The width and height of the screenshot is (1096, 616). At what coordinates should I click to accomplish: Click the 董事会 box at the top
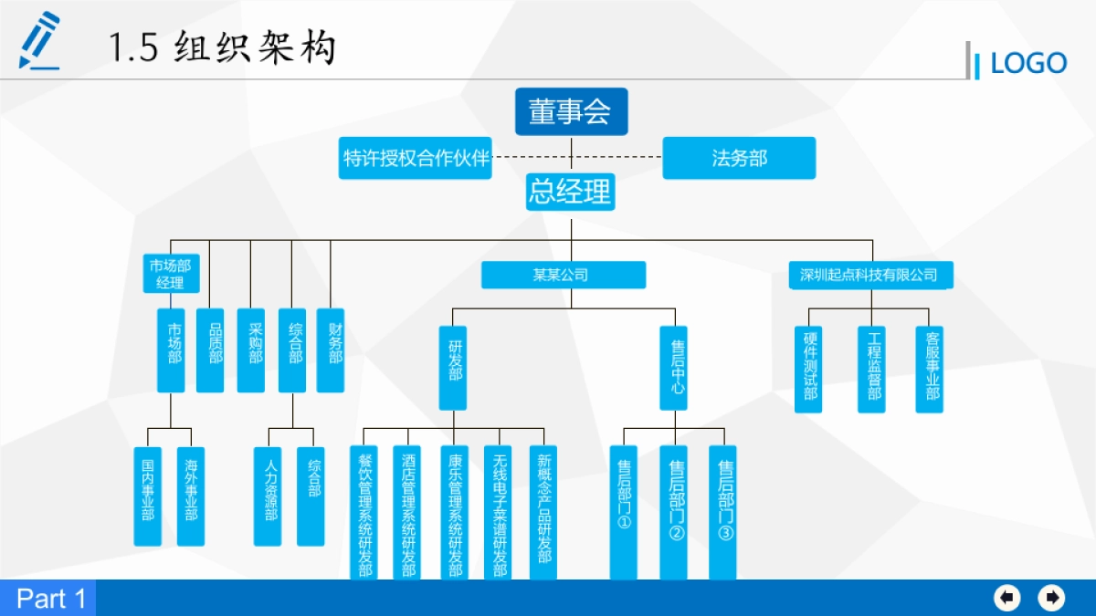tap(571, 111)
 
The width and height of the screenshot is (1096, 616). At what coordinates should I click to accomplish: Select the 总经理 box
tap(571, 192)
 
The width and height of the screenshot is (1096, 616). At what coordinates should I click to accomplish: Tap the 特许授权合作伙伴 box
tap(416, 158)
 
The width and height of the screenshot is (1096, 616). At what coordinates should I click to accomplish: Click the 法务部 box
tap(739, 158)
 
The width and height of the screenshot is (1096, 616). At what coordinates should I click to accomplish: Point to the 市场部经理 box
tap(171, 274)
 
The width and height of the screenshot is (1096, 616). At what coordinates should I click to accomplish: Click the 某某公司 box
tap(563, 275)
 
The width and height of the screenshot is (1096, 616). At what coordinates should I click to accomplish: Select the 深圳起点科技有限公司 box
tap(870, 275)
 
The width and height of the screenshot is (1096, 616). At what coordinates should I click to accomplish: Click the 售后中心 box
tap(674, 368)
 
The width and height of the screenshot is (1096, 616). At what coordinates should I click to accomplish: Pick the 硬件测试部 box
tap(808, 369)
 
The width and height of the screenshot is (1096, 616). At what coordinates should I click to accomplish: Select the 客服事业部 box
tap(929, 369)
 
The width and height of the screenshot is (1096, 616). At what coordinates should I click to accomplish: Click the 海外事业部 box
tap(191, 496)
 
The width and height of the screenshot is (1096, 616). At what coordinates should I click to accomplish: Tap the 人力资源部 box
tap(268, 496)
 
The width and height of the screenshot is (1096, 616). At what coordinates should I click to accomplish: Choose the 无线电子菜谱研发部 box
tap(498, 513)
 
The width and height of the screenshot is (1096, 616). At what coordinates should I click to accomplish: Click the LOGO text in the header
tap(1028, 63)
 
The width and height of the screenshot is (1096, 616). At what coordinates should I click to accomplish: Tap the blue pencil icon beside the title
tap(39, 41)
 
